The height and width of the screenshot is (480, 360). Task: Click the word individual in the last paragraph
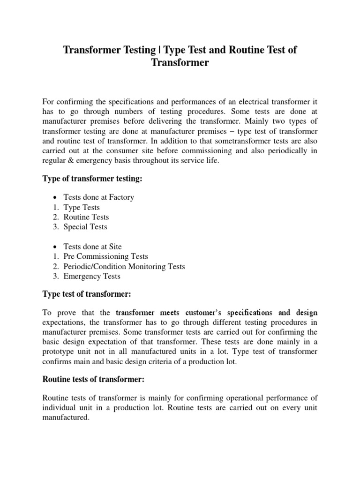point(60,408)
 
